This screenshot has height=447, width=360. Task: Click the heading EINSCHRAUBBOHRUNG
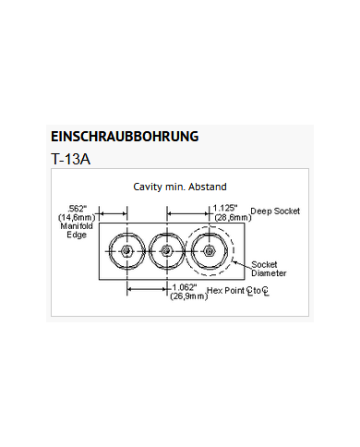click(125, 137)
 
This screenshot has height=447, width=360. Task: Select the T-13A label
click(73, 158)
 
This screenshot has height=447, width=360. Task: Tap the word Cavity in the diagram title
click(149, 187)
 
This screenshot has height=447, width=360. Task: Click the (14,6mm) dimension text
click(77, 217)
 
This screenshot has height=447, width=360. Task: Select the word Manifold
click(77, 226)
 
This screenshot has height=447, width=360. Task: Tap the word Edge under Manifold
click(77, 235)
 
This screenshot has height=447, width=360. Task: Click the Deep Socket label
click(275, 211)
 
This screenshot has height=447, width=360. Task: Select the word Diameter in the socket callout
click(269, 273)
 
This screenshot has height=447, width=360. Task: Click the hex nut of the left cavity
click(122, 250)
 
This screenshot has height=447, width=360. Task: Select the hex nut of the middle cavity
click(165, 250)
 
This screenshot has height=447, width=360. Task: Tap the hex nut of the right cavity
click(210, 250)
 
